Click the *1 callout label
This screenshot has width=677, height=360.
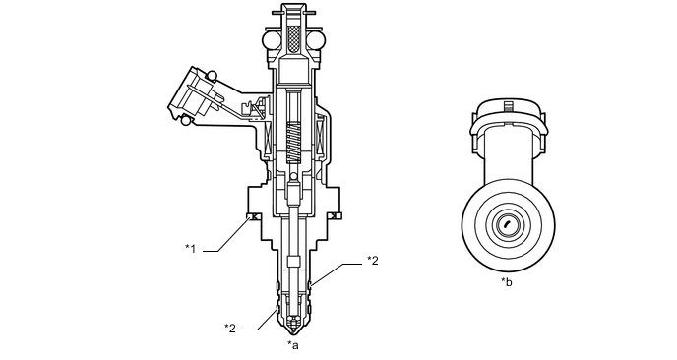click(193, 249)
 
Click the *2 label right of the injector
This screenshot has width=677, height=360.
click(373, 260)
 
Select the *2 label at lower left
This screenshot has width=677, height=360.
click(230, 328)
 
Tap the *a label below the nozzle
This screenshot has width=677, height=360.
click(292, 345)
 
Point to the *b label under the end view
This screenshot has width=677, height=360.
click(506, 282)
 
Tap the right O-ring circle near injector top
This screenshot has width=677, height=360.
click(317, 40)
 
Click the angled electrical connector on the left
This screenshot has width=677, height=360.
click(196, 93)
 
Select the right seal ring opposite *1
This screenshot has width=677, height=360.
click(335, 216)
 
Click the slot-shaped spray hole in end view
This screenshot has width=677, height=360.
click(505, 225)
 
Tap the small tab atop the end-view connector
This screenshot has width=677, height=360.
click(506, 104)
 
